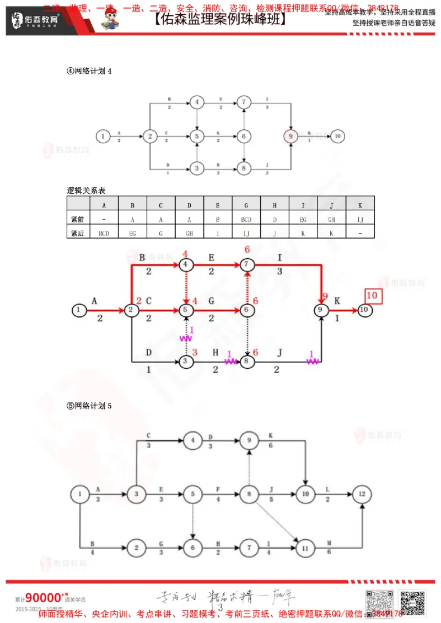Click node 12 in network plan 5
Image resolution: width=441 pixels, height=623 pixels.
[x=362, y=494]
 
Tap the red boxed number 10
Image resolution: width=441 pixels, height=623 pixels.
[x=372, y=295]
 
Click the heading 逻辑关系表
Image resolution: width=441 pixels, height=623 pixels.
[x=85, y=190]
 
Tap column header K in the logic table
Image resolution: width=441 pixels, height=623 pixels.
[x=360, y=205]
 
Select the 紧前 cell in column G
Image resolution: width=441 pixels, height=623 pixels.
[x=246, y=219]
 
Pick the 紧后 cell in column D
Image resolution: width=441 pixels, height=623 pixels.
[x=189, y=233]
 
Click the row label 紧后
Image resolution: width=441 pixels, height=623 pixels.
[x=77, y=233]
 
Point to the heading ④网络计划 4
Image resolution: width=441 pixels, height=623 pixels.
[x=89, y=71]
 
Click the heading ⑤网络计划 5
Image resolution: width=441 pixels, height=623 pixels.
[x=89, y=406]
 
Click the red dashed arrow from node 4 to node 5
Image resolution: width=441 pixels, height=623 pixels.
[x=186, y=287]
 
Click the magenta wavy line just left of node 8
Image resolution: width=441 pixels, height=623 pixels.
[x=230, y=361]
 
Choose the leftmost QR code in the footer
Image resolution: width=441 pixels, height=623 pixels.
[x=378, y=602]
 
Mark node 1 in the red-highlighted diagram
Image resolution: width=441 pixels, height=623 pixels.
[x=79, y=310]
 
